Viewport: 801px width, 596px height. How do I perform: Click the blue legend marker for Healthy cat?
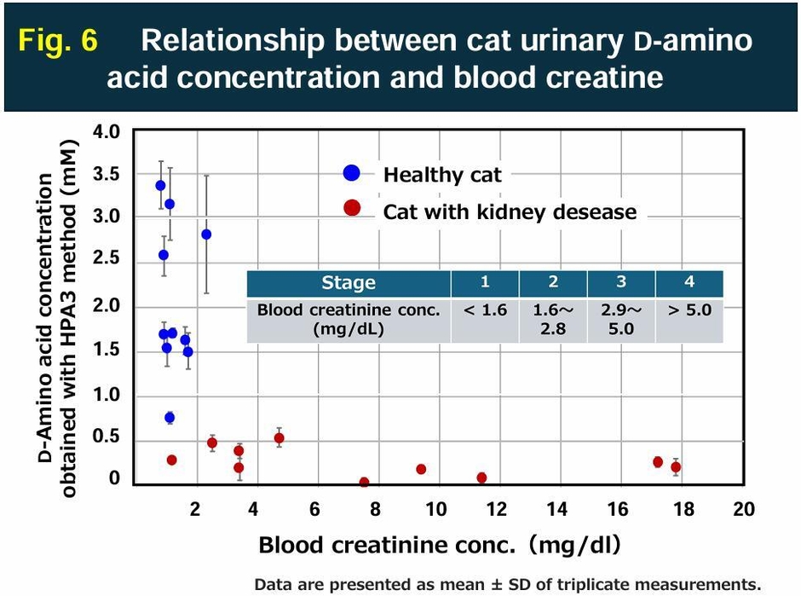(351, 173)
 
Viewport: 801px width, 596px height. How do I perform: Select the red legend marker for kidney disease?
(351, 210)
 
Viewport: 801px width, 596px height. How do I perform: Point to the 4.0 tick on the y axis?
(112, 132)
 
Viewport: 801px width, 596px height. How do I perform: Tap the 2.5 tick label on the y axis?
(112, 262)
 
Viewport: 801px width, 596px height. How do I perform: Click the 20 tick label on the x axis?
(744, 509)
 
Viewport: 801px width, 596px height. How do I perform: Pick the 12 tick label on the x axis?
(497, 509)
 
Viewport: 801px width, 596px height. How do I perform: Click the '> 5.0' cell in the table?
(689, 310)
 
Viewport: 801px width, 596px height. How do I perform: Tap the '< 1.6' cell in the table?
(485, 310)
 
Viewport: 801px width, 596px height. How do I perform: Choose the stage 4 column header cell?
(689, 283)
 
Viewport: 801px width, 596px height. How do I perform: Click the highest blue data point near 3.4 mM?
(160, 185)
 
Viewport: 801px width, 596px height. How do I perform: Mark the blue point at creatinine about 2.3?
(206, 234)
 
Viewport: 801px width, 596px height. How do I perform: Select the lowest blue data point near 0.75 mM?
(170, 417)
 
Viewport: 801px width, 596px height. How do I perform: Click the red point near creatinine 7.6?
(364, 483)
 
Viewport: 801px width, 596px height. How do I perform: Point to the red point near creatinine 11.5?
(481, 477)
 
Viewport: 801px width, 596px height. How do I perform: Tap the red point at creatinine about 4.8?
(279, 438)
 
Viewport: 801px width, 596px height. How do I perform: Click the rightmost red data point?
(676, 466)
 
